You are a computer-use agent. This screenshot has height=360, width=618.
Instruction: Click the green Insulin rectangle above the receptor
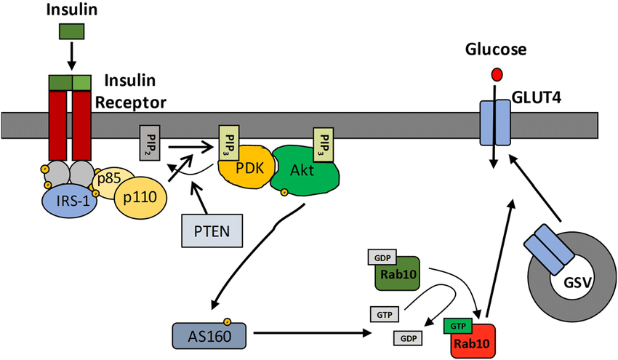tap(71, 31)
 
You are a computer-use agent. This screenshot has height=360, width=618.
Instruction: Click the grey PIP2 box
tap(150, 143)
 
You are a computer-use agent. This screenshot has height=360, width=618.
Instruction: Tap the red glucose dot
tap(497, 74)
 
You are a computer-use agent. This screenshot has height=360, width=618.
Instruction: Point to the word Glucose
tap(497, 50)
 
